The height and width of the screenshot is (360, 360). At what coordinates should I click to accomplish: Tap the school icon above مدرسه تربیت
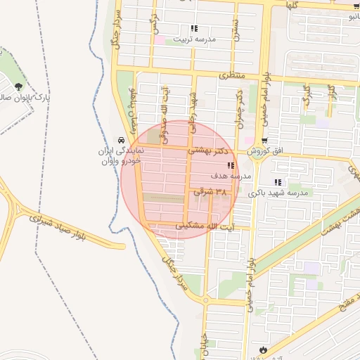tap(194, 29)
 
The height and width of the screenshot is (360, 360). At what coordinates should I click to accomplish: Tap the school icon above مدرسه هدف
tap(230, 165)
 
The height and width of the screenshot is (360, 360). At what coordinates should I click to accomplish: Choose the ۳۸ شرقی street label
tap(212, 191)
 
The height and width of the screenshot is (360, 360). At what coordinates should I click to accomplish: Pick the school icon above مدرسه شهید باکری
tap(278, 183)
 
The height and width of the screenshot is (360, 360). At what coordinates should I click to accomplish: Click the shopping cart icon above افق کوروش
tap(264, 141)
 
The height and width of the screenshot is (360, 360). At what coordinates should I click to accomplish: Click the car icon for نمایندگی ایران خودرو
tap(123, 140)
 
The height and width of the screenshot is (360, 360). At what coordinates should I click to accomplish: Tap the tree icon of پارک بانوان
tap(18, 86)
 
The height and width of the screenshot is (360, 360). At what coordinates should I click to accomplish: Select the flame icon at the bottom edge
tap(264, 349)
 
